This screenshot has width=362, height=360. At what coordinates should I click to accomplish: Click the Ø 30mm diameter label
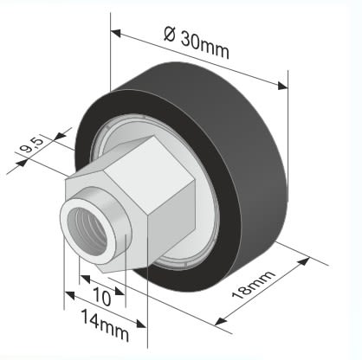coord(197,42)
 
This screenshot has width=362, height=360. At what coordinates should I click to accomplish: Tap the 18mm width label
coord(253,285)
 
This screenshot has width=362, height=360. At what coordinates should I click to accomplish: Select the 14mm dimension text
coord(105,325)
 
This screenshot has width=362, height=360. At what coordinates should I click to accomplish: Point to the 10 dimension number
coord(102,297)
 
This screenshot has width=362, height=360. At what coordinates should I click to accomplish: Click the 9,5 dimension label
coord(31,146)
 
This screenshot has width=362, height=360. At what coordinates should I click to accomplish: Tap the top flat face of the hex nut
coord(149,173)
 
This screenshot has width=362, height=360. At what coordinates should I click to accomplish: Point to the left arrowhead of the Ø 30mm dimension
coord(115,33)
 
